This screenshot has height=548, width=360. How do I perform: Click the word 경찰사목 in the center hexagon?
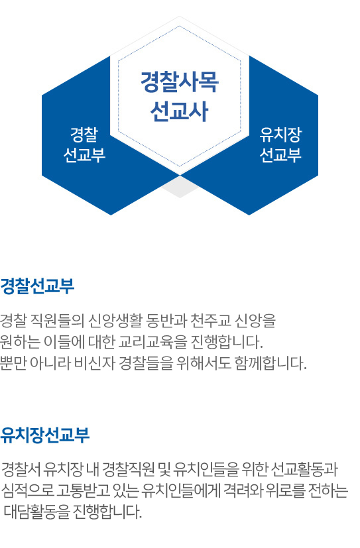pyautogui.click(x=180, y=82)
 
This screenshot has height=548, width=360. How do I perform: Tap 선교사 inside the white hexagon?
pyautogui.click(x=180, y=111)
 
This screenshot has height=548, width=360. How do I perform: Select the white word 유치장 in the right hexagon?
pyautogui.click(x=280, y=135)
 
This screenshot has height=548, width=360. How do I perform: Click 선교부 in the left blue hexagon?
pyautogui.click(x=84, y=155)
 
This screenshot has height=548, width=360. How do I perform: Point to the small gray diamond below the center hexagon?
pyautogui.click(x=180, y=187)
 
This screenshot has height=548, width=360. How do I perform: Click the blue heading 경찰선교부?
pyautogui.click(x=37, y=286)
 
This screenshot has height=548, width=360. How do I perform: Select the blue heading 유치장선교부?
pyautogui.click(x=44, y=435)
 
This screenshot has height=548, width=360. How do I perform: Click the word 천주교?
pyautogui.click(x=211, y=321)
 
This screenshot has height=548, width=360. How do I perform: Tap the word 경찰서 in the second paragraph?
pyautogui.click(x=21, y=469)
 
